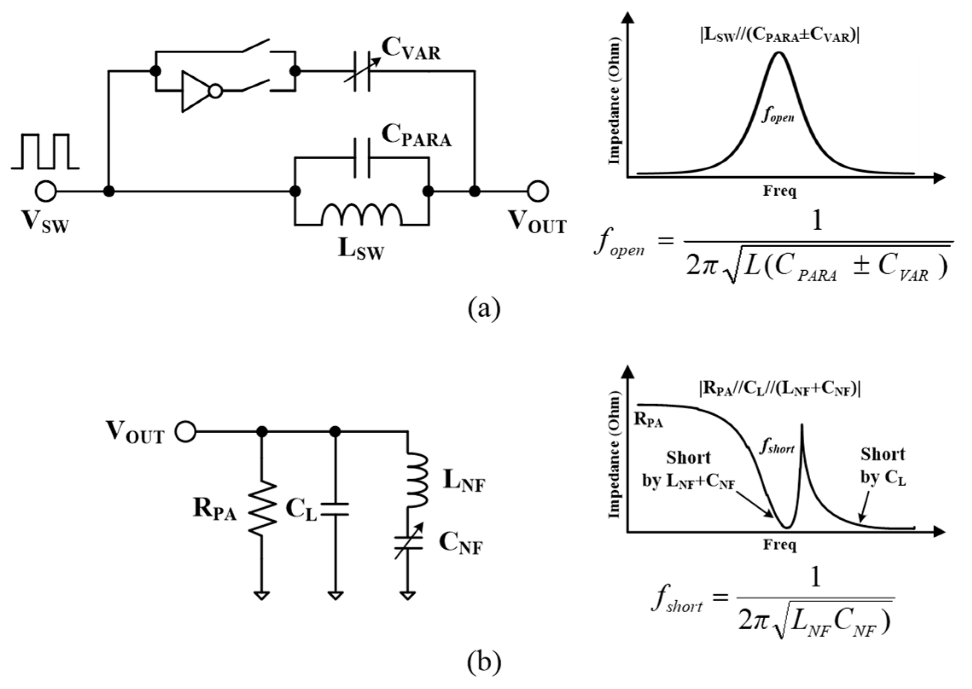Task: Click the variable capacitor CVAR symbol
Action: point(362,72)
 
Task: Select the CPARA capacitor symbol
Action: point(362,157)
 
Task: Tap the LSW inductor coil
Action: point(361,215)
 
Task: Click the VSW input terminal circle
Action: point(46,191)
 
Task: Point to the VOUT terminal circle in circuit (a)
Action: point(537,191)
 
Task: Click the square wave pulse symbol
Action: point(45,152)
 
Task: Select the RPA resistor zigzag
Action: point(262,507)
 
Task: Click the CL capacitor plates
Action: point(335,509)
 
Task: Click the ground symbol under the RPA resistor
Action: point(262,595)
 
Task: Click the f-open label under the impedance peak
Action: point(778,116)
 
